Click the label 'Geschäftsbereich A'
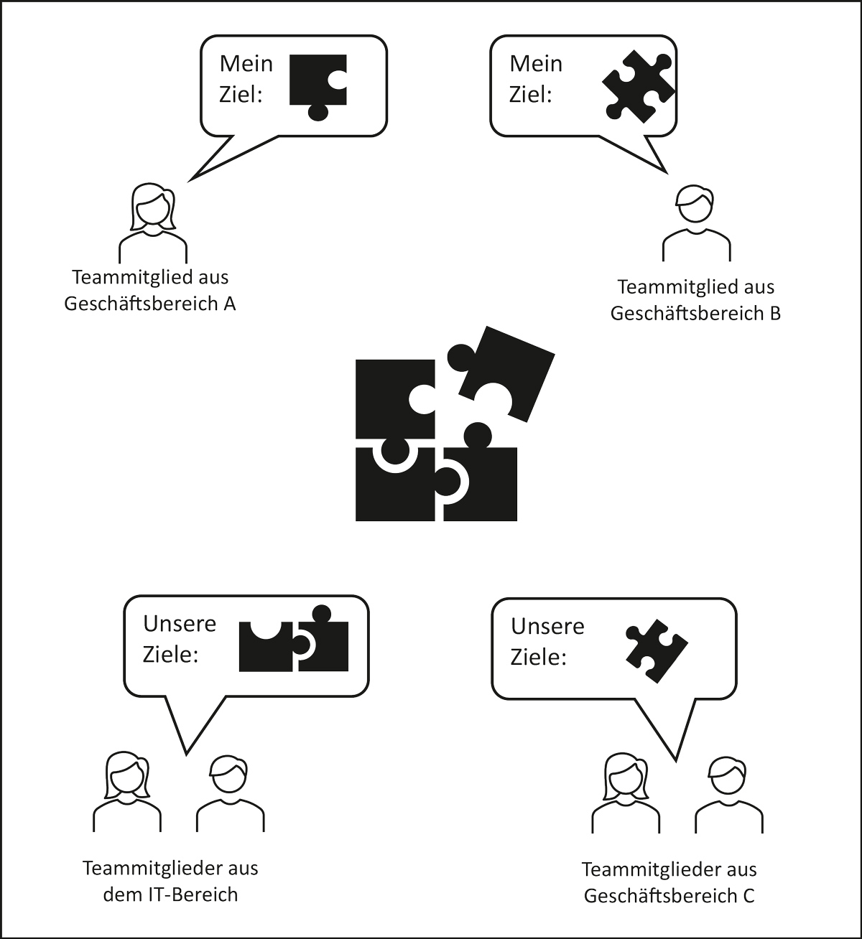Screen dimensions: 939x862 [150, 304]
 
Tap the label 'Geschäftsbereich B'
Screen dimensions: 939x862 [695, 314]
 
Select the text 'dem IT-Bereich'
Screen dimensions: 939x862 [170, 894]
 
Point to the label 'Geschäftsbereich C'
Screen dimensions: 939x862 [669, 896]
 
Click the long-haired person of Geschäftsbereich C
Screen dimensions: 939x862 [625, 793]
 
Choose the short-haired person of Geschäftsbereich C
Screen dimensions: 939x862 [728, 795]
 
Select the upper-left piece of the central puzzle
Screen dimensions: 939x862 [391, 395]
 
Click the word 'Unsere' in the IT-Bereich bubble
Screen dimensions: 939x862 [180, 623]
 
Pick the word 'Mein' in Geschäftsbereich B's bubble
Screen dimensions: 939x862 [536, 63]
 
